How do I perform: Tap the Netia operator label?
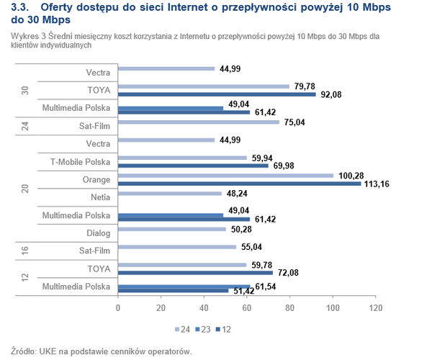coord(101,197)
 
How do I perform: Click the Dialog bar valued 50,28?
coord(171,230)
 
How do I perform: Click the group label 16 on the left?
coord(24,249)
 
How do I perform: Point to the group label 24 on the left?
coord(24,126)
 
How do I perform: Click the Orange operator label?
coord(96,179)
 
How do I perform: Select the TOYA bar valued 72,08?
coord(195,272)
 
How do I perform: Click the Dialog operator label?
coord(98,232)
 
